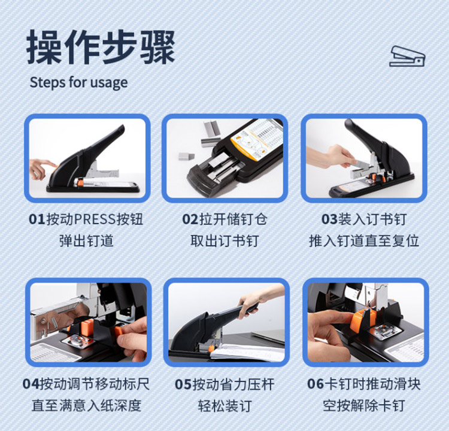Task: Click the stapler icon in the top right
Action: (407, 56)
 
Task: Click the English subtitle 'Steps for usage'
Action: (79, 82)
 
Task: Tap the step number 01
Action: (37, 219)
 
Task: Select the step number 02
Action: (190, 219)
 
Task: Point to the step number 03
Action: (330, 219)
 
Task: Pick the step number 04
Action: (31, 384)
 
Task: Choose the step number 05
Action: (183, 384)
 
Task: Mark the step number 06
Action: (315, 384)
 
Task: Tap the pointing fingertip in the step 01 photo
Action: (54, 164)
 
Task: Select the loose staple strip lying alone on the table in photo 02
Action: (186, 156)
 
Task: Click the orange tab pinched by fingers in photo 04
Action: (120, 332)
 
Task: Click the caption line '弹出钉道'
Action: (86, 241)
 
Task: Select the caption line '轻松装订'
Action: (224, 405)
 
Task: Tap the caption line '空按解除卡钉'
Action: (364, 405)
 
